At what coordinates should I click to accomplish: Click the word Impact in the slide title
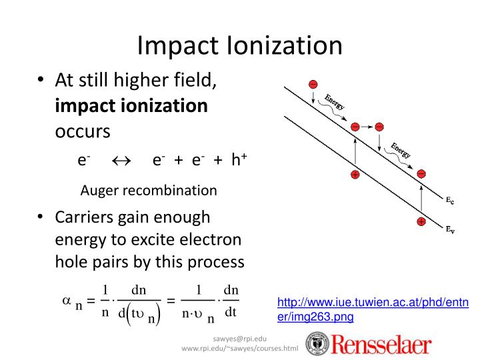tap(171, 45)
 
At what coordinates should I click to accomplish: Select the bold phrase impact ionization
tap(131, 106)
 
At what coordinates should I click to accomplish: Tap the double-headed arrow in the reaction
tap(121, 160)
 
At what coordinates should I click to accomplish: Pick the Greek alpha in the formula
tap(66, 301)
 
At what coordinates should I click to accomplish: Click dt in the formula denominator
tap(231, 312)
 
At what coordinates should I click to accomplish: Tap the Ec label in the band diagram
tap(451, 199)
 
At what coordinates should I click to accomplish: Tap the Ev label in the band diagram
tap(451, 231)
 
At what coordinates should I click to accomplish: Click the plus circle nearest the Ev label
tap(421, 221)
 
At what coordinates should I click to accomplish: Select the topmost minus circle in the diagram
tap(312, 84)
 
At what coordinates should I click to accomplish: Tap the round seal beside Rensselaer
tap(317, 344)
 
